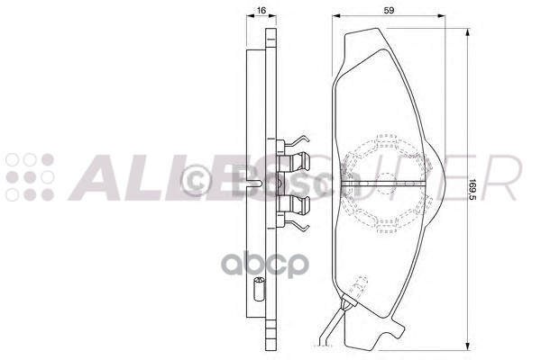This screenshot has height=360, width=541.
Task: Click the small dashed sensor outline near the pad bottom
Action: point(358,289)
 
